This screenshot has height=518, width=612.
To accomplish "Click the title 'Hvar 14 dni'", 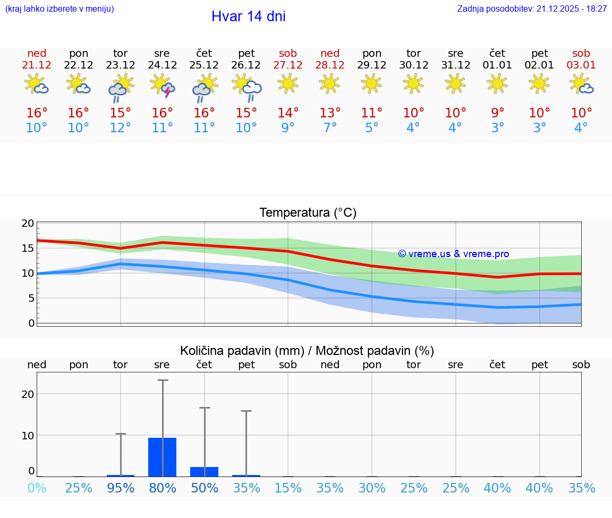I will pyautogui.click(x=248, y=16).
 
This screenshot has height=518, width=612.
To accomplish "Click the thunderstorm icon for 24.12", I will pyautogui.click(x=163, y=85).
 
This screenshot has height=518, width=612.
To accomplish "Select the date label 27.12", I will pyautogui.click(x=288, y=65).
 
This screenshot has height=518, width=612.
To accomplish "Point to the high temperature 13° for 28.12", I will pyautogui.click(x=330, y=113).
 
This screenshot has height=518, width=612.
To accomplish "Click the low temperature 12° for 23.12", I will pyautogui.click(x=121, y=128).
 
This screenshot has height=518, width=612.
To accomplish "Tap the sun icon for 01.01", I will pyautogui.click(x=497, y=83).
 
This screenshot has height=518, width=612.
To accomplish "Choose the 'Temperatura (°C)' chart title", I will pyautogui.click(x=308, y=213).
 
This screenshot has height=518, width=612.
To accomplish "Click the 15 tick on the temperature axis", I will pyautogui.click(x=28, y=248).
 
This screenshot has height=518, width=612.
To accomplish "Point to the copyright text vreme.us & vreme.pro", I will pyautogui.click(x=454, y=254).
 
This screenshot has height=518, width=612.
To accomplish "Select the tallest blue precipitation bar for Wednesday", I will pyautogui.click(x=163, y=457).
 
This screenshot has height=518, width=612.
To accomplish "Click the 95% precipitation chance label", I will pyautogui.click(x=121, y=488).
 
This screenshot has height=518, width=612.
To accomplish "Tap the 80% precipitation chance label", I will pyautogui.click(x=163, y=488).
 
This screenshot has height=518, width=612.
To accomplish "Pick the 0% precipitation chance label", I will pyautogui.click(x=37, y=488).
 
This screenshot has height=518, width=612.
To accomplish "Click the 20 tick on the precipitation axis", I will pyautogui.click(x=28, y=394).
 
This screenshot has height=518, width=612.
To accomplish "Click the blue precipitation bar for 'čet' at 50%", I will pyautogui.click(x=205, y=472).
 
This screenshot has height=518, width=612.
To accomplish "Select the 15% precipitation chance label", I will pyautogui.click(x=288, y=488).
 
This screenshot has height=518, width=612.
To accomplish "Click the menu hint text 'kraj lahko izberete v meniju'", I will pyautogui.click(x=59, y=9).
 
